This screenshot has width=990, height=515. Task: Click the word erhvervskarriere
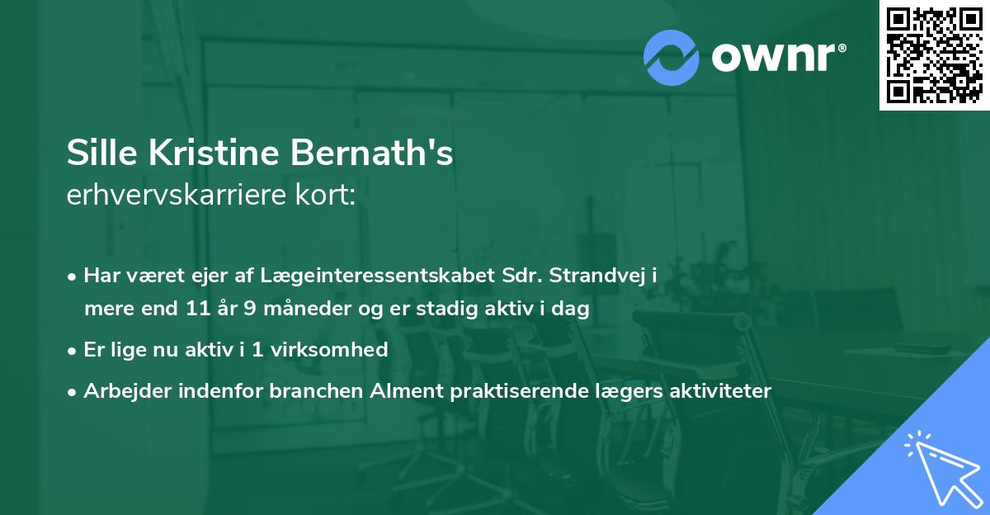(x=173, y=196)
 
